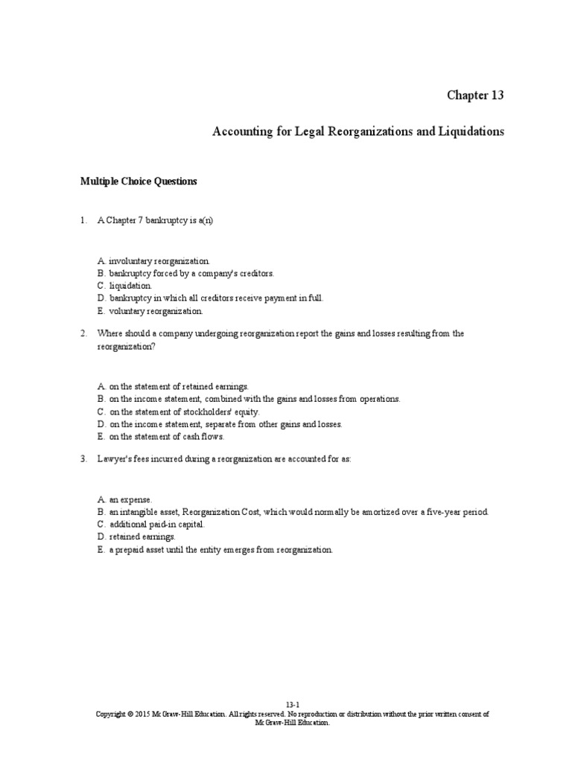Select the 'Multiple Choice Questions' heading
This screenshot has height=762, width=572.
139,181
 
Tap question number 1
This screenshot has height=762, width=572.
84,221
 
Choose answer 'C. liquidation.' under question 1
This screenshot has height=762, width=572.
124,285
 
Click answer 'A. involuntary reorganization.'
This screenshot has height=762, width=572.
153,261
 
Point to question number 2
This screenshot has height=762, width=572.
84,333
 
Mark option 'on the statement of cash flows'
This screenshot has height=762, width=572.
165,437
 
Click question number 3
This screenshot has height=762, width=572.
84,459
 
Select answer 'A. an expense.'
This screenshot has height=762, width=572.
124,500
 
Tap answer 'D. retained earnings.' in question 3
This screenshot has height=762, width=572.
136,537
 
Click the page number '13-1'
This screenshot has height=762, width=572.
292,704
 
